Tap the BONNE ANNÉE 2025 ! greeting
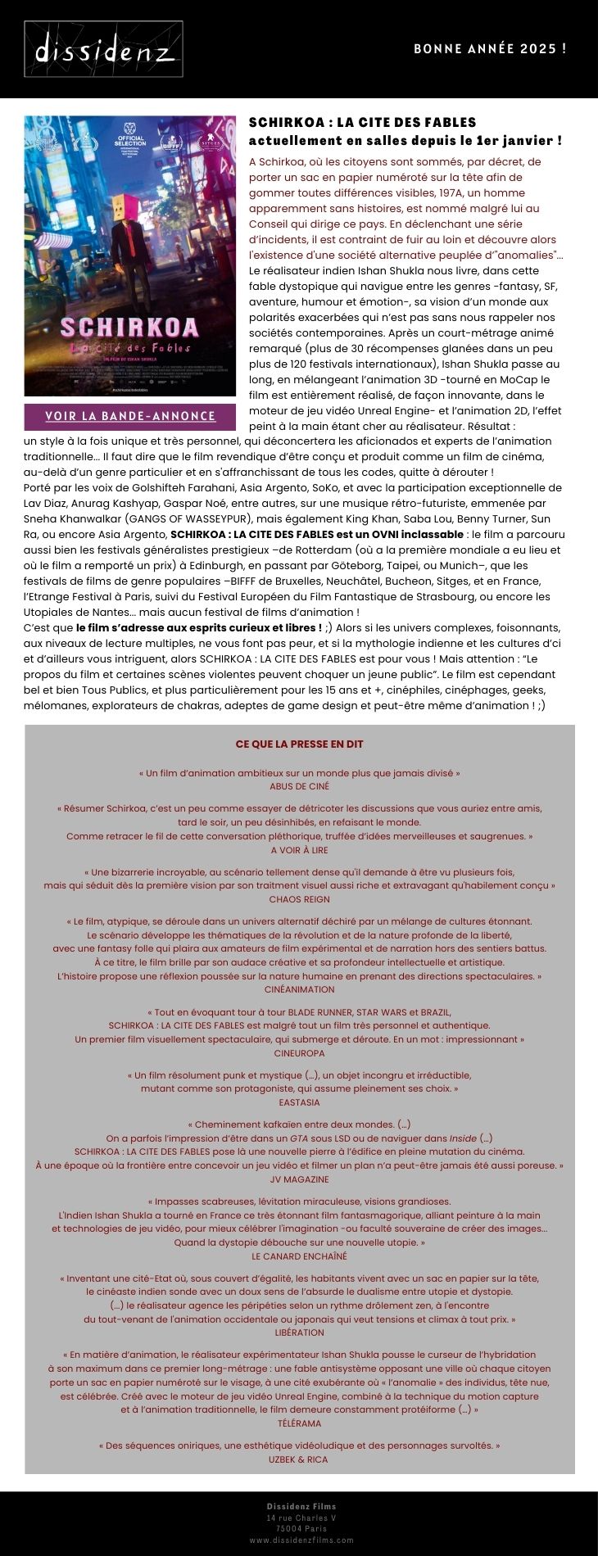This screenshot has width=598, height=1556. (x=490, y=49)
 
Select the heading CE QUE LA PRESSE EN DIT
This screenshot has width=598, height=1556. (x=299, y=744)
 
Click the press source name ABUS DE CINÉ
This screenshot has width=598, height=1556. (x=299, y=785)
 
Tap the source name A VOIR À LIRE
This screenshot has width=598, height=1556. (x=299, y=850)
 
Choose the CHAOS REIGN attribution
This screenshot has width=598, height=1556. (x=299, y=898)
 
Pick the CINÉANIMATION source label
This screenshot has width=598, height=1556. (x=299, y=989)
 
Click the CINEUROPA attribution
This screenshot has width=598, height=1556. (x=299, y=1052)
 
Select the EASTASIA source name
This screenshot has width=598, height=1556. (x=299, y=1102)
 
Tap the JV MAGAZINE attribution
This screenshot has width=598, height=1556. (x=299, y=1178)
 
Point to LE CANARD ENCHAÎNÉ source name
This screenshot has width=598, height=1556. (x=299, y=1255)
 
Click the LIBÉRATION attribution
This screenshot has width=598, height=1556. (x=299, y=1332)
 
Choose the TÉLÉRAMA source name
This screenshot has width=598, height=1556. (x=299, y=1423)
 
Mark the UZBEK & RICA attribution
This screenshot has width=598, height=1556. (x=299, y=1459)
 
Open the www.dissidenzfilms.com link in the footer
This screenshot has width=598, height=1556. (x=301, y=1540)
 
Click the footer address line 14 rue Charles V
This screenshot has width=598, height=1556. (x=301, y=1518)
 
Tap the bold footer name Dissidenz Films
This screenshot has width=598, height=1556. (x=301, y=1506)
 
